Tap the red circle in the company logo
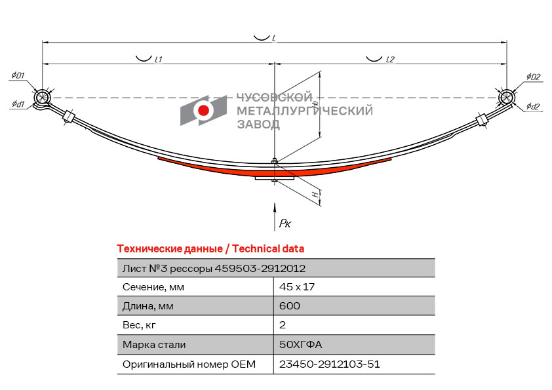pos(203,110)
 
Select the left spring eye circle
pos(42,98)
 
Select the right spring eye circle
pos(507,97)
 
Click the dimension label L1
pos(159,60)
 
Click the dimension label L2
pos(390,60)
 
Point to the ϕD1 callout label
pos(18,75)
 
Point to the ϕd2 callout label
pos(533,106)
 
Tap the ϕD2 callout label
pos(534,77)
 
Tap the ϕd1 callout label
pos(18,104)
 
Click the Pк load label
pos(285,223)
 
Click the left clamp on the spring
pos(68,117)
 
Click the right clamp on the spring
pos(482,120)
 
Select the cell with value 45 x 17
pos(297,287)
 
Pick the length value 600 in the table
pos(290,305)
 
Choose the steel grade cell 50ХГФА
pos(301,344)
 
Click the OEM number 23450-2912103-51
pos(330,364)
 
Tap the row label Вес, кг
pos(139,325)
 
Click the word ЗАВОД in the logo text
pos(258,125)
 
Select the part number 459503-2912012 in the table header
pos(260,269)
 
